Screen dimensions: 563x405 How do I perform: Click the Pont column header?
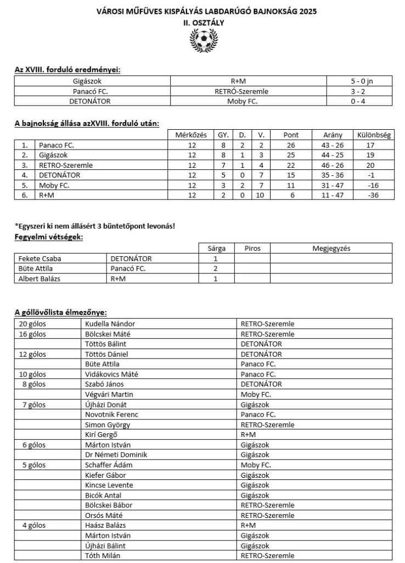[290, 135]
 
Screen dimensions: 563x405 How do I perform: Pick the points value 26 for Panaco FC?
[290, 145]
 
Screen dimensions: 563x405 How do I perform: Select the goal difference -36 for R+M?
[373, 195]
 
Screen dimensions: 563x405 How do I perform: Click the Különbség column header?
[373, 135]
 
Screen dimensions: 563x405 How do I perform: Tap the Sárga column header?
[216, 249]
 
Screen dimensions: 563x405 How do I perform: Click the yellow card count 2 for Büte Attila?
[216, 268]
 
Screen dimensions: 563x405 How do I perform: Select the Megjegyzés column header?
[331, 249]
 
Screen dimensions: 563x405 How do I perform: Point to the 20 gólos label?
[32, 324]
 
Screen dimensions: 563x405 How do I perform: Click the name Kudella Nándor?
[110, 324]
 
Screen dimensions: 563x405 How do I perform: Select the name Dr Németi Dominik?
[116, 454]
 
